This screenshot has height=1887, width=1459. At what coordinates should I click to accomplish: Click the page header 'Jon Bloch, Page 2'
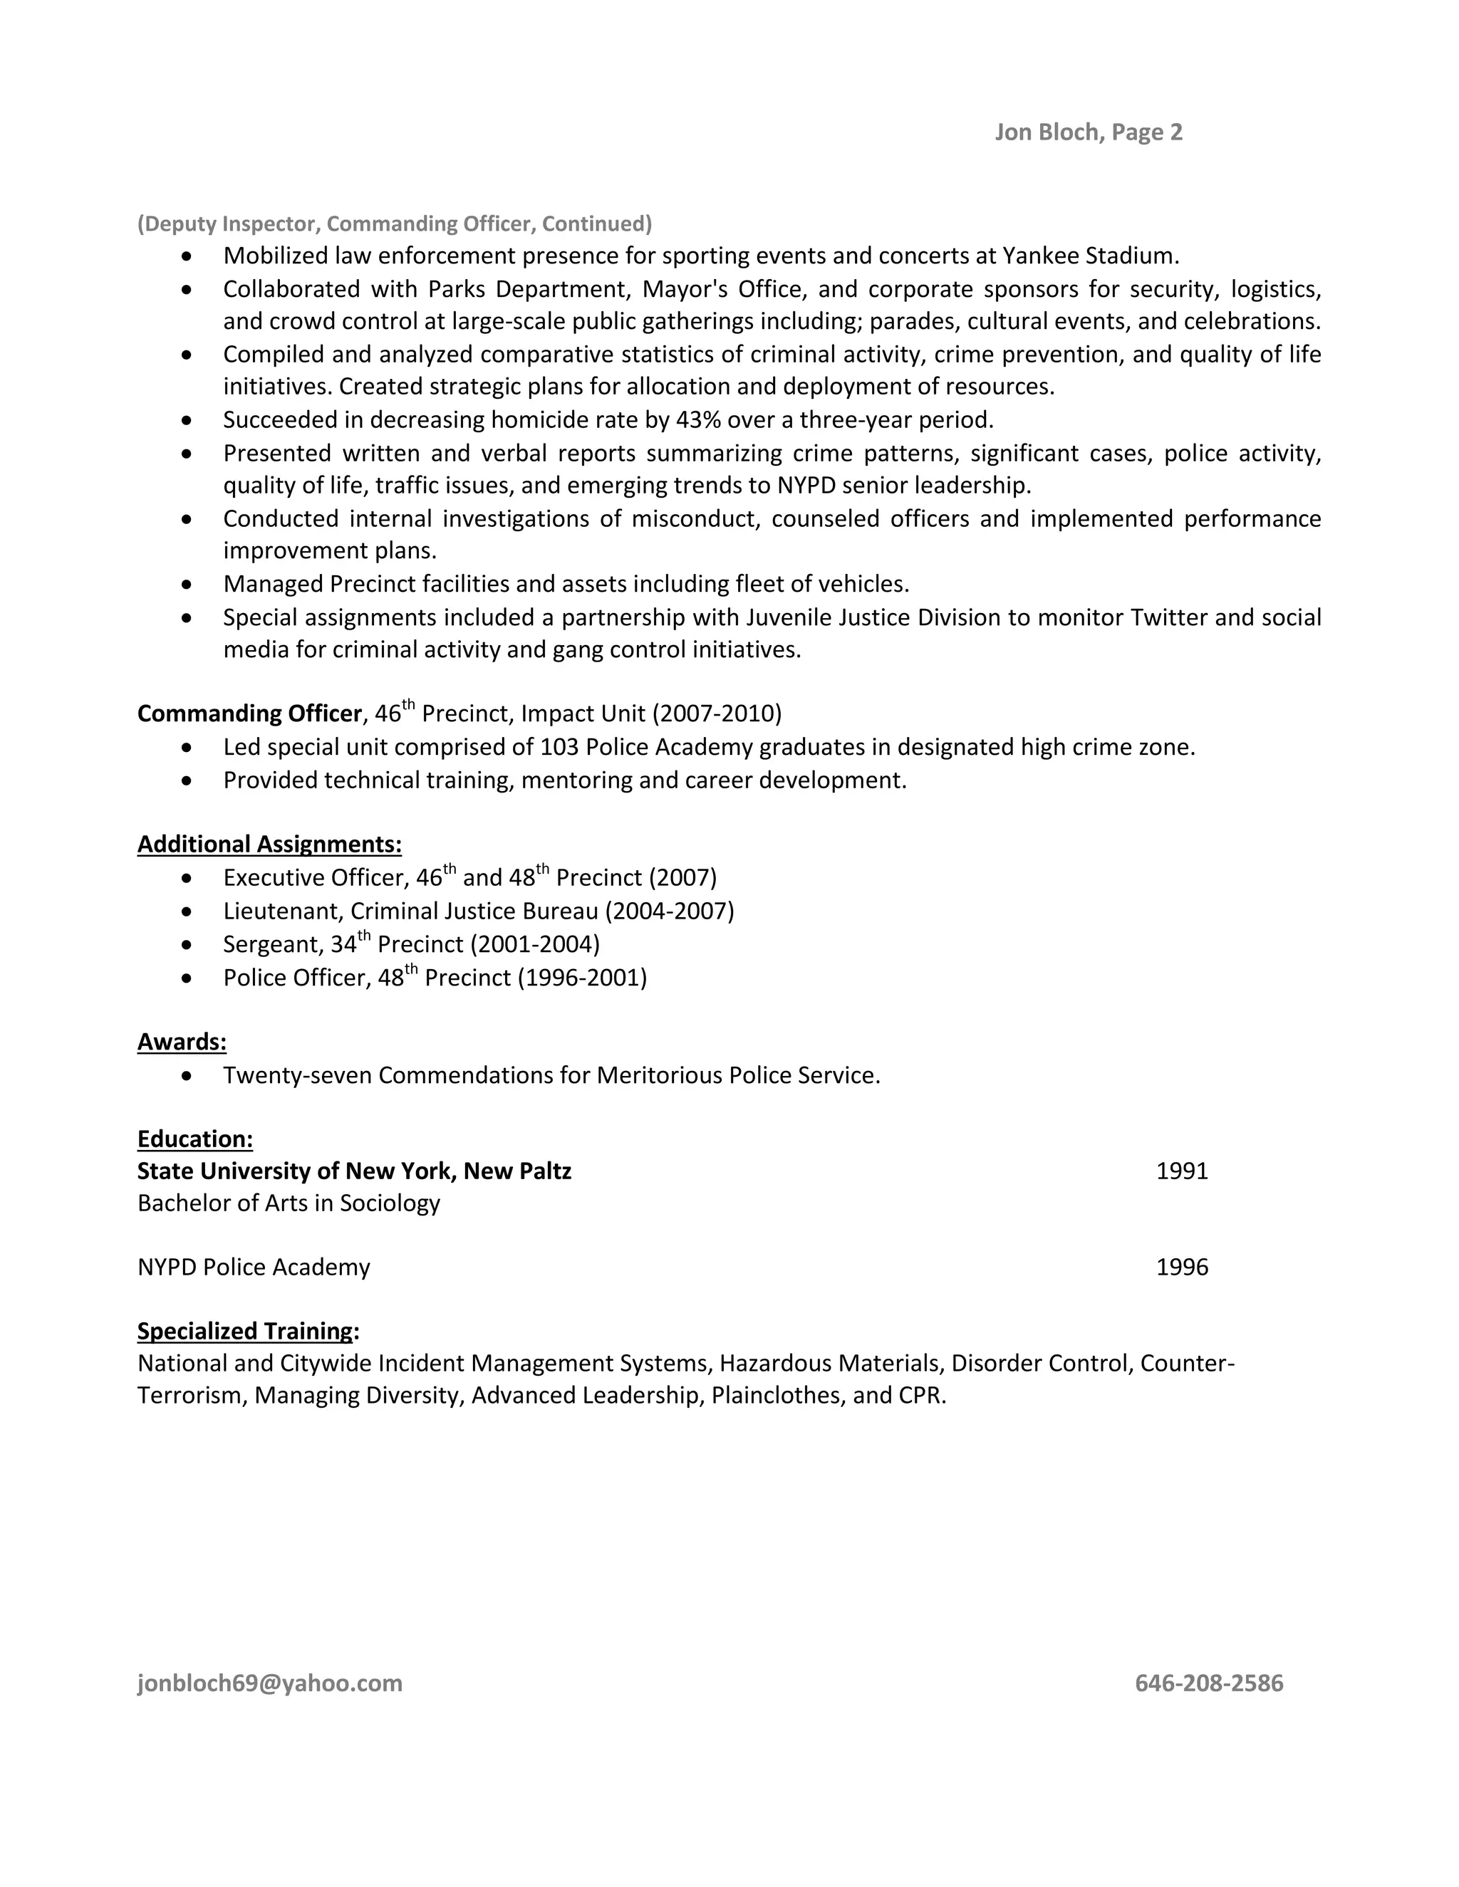1089,132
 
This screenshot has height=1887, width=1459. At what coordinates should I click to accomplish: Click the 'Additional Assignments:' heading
270,844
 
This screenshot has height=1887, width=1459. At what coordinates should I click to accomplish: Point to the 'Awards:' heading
182,1042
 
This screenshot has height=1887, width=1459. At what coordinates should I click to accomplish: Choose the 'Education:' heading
195,1139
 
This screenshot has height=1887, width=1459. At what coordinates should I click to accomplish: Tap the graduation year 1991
1182,1171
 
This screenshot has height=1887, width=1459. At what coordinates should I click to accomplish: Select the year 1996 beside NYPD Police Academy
1182,1267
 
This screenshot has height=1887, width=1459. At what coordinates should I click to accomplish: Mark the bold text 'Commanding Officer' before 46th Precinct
249,713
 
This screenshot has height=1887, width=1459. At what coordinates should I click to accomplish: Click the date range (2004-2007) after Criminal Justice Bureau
669,911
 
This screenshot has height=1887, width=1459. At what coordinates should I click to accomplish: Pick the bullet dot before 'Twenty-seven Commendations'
187,1076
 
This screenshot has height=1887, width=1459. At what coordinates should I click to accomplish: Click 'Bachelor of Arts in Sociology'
289,1203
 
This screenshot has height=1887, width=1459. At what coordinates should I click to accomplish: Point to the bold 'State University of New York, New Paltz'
354,1171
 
